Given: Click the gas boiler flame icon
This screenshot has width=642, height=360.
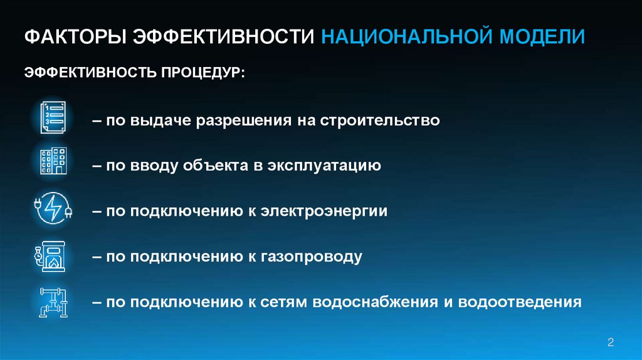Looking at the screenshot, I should [52, 254].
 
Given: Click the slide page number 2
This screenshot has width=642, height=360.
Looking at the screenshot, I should [611, 342].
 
